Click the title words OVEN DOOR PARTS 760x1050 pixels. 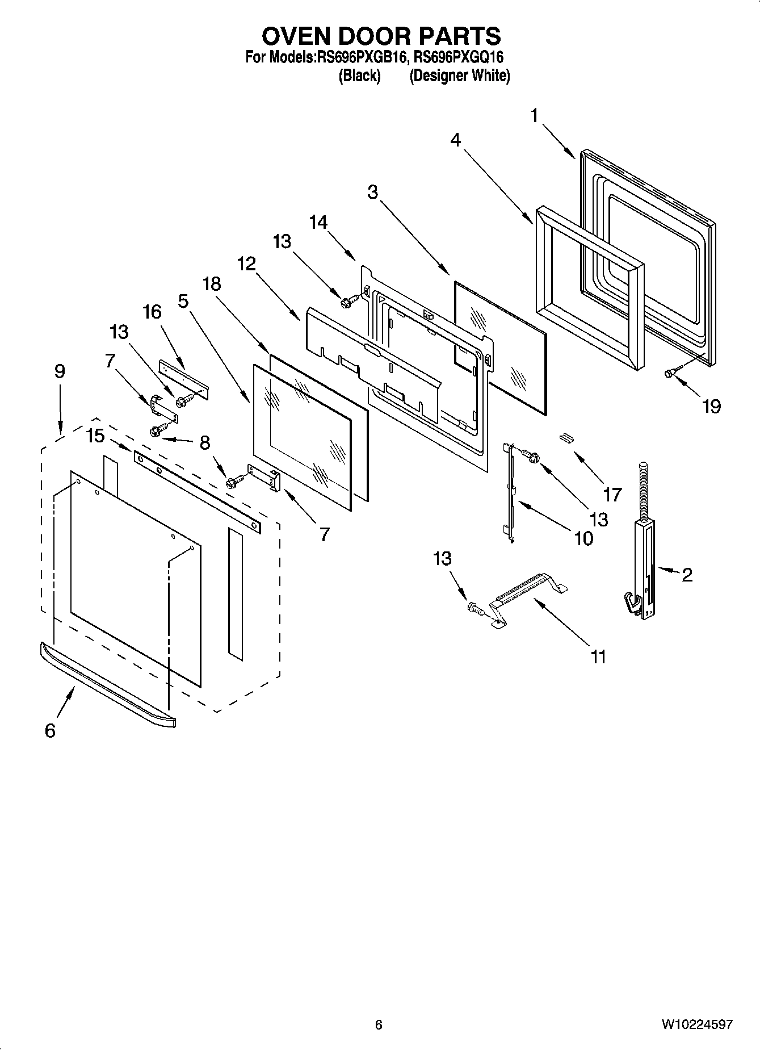381,36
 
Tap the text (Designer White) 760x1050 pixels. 459,76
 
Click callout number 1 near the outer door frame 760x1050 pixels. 534,116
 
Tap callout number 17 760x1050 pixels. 612,495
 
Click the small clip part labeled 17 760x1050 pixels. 565,437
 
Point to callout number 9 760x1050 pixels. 60,371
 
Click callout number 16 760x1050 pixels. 152,312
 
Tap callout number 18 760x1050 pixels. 212,284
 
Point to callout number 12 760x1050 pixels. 246,264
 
